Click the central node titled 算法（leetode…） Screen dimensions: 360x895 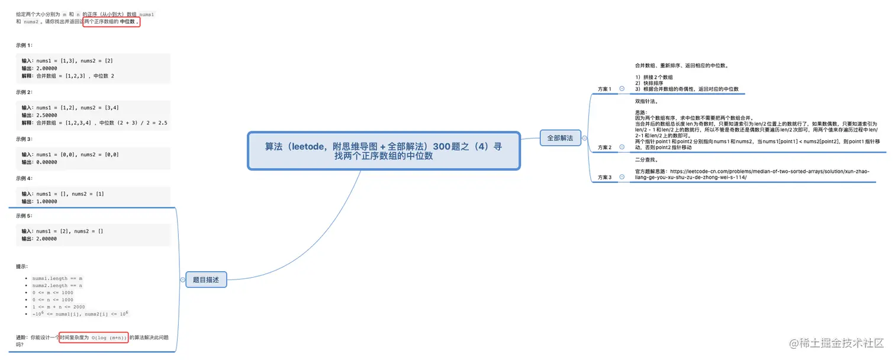[x=383, y=151]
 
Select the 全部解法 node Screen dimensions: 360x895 [x=559, y=138]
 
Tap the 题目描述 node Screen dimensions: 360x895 [x=206, y=280]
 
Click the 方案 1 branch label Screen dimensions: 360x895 [x=604, y=89]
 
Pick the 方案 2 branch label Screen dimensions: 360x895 [x=604, y=147]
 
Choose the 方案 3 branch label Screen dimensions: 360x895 [x=604, y=177]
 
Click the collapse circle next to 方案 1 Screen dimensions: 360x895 [x=622, y=89]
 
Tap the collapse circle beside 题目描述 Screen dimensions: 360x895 [x=182, y=280]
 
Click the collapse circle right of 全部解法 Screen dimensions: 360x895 [x=584, y=138]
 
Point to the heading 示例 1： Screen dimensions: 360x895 [x=24, y=45]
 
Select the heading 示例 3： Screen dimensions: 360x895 [x=24, y=139]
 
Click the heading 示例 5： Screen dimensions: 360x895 [x=24, y=216]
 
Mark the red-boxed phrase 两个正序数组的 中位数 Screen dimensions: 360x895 [x=111, y=21]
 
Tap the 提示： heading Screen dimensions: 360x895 [x=22, y=266]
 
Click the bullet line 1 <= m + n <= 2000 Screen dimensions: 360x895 [x=59, y=307]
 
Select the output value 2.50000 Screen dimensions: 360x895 [x=46, y=115]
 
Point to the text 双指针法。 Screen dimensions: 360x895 [x=646, y=101]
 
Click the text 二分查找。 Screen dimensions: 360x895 [x=646, y=159]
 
